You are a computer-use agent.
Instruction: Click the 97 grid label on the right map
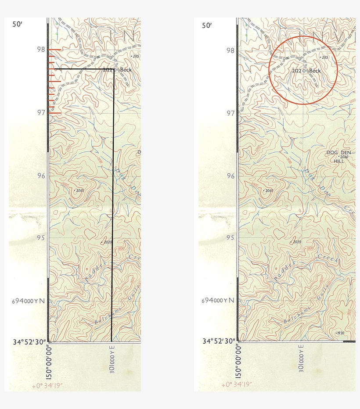click(230, 113)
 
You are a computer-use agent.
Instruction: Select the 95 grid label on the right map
click(230, 238)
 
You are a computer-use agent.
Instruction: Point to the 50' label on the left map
click(17, 25)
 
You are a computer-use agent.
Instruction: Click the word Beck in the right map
click(315, 71)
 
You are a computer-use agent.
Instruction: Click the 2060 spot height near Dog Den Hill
click(343, 157)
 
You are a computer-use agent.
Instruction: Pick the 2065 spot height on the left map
click(79, 190)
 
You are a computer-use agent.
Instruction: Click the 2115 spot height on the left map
click(135, 56)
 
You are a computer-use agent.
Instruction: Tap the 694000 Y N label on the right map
click(218, 301)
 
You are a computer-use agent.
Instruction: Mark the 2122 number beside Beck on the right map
click(296, 71)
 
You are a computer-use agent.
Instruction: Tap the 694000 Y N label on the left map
click(28, 301)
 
